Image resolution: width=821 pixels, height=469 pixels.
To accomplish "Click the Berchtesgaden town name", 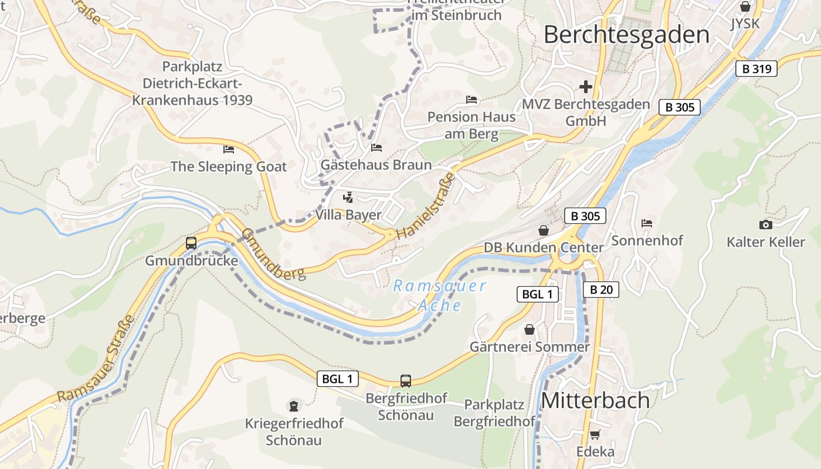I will [x=626, y=35].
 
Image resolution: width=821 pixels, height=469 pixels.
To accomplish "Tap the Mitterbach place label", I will [x=595, y=400].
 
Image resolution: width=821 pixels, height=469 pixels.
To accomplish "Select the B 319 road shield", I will [x=756, y=69].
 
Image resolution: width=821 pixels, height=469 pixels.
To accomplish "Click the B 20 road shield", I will [x=601, y=289].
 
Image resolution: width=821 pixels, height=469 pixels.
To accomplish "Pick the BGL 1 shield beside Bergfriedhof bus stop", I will [x=338, y=379].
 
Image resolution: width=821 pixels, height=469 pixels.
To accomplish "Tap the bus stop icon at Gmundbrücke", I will [x=191, y=243].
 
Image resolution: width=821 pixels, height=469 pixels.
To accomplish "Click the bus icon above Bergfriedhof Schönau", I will [x=406, y=380].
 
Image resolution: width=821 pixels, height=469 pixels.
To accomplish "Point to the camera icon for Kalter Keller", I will [x=765, y=225].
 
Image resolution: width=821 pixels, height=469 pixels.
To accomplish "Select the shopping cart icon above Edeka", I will [x=595, y=434].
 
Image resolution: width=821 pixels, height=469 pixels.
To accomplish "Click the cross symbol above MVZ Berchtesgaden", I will [x=585, y=87].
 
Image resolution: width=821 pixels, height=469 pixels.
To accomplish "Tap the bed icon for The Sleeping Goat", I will [x=229, y=149].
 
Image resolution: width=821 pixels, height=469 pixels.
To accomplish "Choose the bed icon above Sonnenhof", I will [x=647, y=223].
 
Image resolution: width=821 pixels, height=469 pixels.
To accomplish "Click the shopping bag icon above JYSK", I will [x=745, y=6].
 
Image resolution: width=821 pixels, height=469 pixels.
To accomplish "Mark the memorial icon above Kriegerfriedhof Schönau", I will [x=294, y=405].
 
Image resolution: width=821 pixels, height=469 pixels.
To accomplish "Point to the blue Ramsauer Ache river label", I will [x=440, y=295].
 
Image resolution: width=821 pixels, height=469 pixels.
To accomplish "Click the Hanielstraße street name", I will [x=426, y=205].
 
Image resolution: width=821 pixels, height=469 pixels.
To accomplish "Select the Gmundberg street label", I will [x=274, y=254].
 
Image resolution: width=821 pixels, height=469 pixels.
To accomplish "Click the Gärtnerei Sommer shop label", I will [x=530, y=347].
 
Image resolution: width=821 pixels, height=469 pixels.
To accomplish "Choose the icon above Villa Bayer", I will [x=348, y=198].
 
